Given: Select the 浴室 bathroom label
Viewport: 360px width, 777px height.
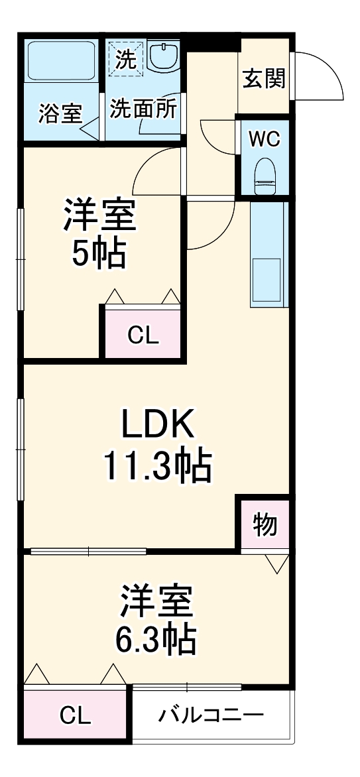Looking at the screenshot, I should click(60, 113).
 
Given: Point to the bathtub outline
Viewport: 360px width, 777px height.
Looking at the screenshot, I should click(62, 62).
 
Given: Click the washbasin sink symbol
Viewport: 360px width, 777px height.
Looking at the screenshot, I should click(163, 57).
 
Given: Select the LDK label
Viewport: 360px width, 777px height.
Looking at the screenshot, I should click(156, 424).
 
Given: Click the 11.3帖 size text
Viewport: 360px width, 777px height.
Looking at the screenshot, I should click(156, 466).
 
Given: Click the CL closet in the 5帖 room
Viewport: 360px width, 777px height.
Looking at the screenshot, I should click(143, 335).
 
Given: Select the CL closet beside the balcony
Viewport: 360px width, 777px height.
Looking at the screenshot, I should click(75, 715).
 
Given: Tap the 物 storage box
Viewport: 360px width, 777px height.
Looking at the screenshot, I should click(265, 525).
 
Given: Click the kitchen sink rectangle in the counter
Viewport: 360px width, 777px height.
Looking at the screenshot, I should click(267, 281).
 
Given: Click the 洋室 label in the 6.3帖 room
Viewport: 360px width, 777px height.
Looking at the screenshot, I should click(156, 600).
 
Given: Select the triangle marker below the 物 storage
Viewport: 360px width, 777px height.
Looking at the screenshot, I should click(278, 564).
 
